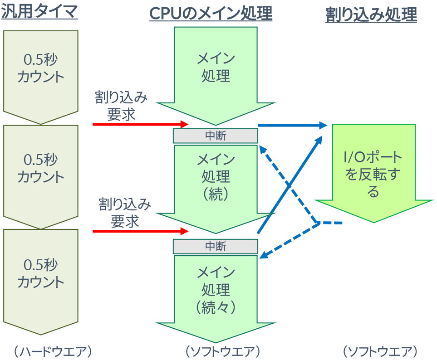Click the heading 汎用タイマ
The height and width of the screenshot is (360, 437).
point(40,12)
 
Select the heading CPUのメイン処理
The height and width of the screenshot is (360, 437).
point(211,14)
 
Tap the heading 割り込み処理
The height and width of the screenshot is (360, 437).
point(371,15)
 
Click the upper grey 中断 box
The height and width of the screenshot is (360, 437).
point(216,136)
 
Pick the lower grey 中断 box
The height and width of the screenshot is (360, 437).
point(216,246)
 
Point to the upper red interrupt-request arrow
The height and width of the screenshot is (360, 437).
point(140,124)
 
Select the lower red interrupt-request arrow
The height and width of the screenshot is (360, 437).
point(140,231)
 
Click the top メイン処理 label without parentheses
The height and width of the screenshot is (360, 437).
point(216,67)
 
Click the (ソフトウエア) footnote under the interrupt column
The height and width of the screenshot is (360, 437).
point(380,351)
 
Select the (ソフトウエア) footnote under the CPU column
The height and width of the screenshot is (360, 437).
point(222,351)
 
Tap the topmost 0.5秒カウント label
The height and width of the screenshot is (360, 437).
point(41,68)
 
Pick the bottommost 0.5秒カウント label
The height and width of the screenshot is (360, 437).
point(41,273)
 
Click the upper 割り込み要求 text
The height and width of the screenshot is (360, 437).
point(121,105)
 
